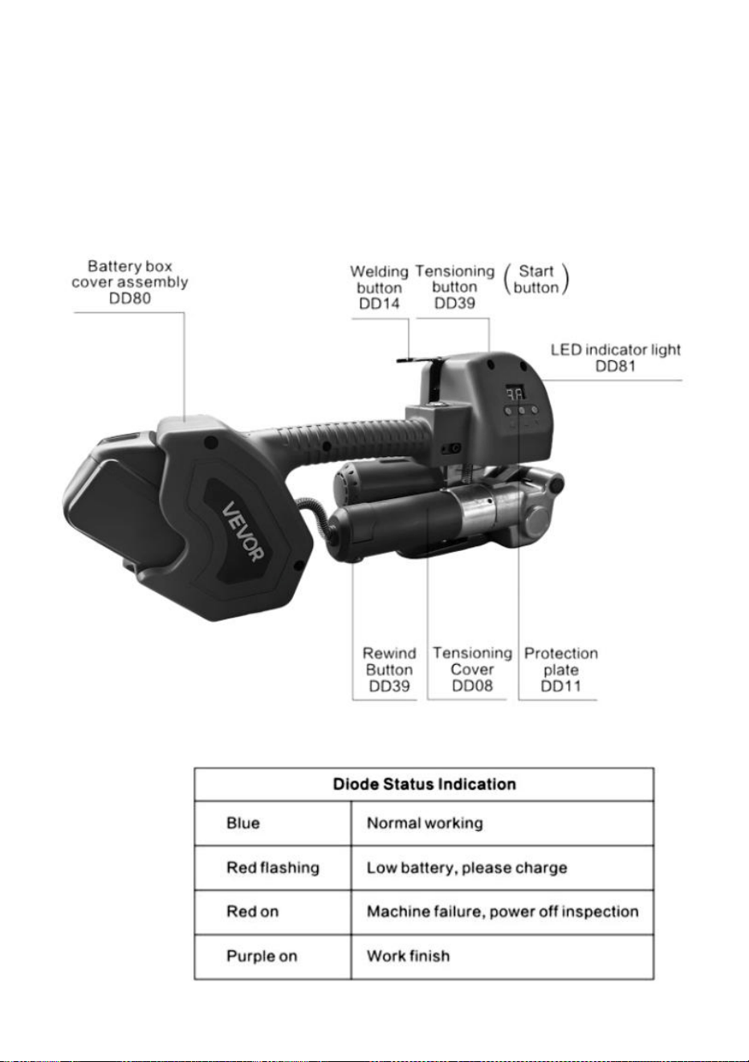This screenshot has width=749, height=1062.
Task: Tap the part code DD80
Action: pos(130,298)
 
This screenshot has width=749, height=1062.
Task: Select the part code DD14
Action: pos(379,303)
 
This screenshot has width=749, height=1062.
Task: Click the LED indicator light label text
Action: pos(616,350)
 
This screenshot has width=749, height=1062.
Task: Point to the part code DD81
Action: pos(615,366)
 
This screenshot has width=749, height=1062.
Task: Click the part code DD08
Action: pos(472,686)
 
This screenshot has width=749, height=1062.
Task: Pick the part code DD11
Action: pos(560,686)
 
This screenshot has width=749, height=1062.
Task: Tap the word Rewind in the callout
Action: pos(389,653)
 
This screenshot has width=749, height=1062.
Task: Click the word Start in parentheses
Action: pos(536,271)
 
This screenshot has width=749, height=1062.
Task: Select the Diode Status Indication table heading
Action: pos(425,784)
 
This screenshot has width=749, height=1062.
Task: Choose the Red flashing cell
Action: pos(273,868)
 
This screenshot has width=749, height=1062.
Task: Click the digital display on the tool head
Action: pos(515,393)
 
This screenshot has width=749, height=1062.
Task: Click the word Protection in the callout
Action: pos(560,653)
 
